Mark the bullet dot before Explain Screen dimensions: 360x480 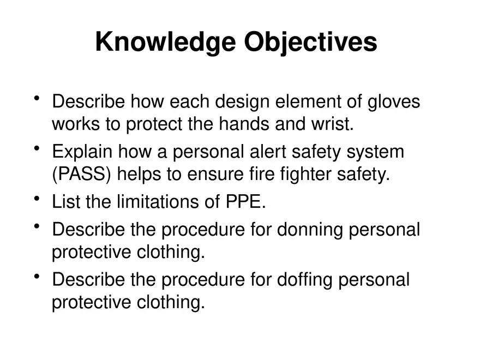(37, 148)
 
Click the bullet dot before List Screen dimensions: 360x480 (37, 199)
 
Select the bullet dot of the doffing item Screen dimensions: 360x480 (37, 277)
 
